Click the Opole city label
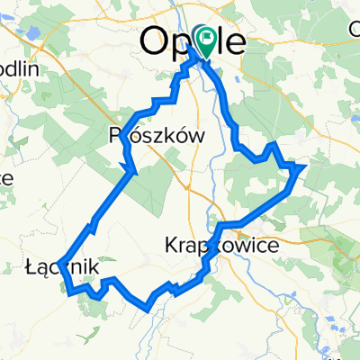193,41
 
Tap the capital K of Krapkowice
174,244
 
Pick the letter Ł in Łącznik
34,267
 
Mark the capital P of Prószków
114,134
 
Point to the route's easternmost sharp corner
305,166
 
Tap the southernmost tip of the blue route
147,309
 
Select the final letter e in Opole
233,42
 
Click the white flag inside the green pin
207,38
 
